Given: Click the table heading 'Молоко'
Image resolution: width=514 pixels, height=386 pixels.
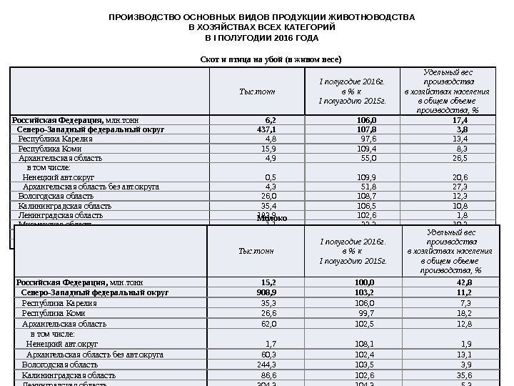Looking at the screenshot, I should click(271, 217).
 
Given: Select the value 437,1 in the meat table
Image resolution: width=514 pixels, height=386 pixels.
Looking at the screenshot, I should click(267, 130).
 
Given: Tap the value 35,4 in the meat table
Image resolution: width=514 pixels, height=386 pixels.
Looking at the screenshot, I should click(269, 205).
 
